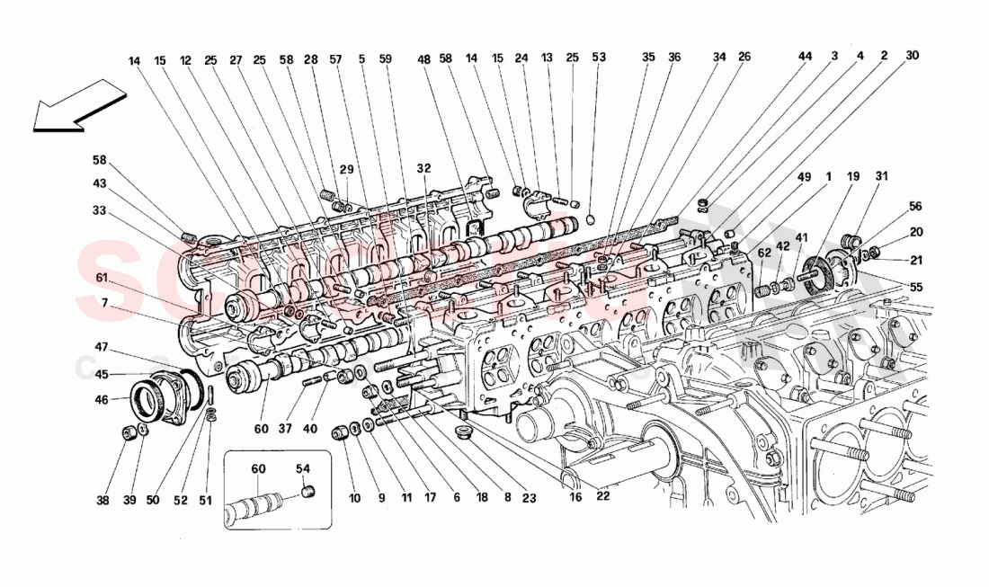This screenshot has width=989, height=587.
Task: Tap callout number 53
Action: point(599,57)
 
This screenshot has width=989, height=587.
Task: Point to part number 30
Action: point(912,56)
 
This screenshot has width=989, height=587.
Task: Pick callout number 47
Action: point(102,346)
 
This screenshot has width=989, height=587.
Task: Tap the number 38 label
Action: point(103,501)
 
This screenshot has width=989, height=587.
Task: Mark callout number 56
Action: point(915,206)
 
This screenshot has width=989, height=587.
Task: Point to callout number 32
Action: point(423,168)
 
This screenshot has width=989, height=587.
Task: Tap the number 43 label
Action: point(102,183)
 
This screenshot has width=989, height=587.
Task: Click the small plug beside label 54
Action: point(307,492)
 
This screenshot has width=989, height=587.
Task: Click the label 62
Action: point(763,253)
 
